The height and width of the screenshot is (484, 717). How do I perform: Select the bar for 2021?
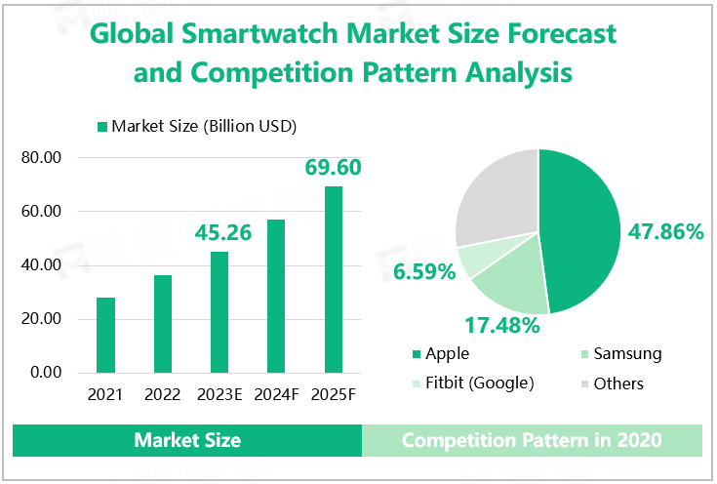[105, 335]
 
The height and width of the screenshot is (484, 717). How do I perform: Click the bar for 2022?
[162, 324]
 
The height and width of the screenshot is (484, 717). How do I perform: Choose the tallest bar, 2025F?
[334, 279]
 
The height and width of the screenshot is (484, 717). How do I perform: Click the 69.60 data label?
[334, 168]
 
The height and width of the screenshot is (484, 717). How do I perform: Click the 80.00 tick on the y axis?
[41, 158]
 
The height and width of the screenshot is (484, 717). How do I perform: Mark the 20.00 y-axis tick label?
[41, 319]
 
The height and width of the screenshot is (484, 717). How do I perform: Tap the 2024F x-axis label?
[276, 395]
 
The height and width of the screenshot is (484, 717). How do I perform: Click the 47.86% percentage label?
[664, 232]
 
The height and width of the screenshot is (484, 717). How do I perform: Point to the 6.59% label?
[425, 271]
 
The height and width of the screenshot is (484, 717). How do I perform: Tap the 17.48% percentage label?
[501, 325]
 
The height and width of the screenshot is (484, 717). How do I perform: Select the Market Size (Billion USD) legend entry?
[195, 126]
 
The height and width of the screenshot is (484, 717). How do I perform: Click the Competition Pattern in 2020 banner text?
[532, 441]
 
